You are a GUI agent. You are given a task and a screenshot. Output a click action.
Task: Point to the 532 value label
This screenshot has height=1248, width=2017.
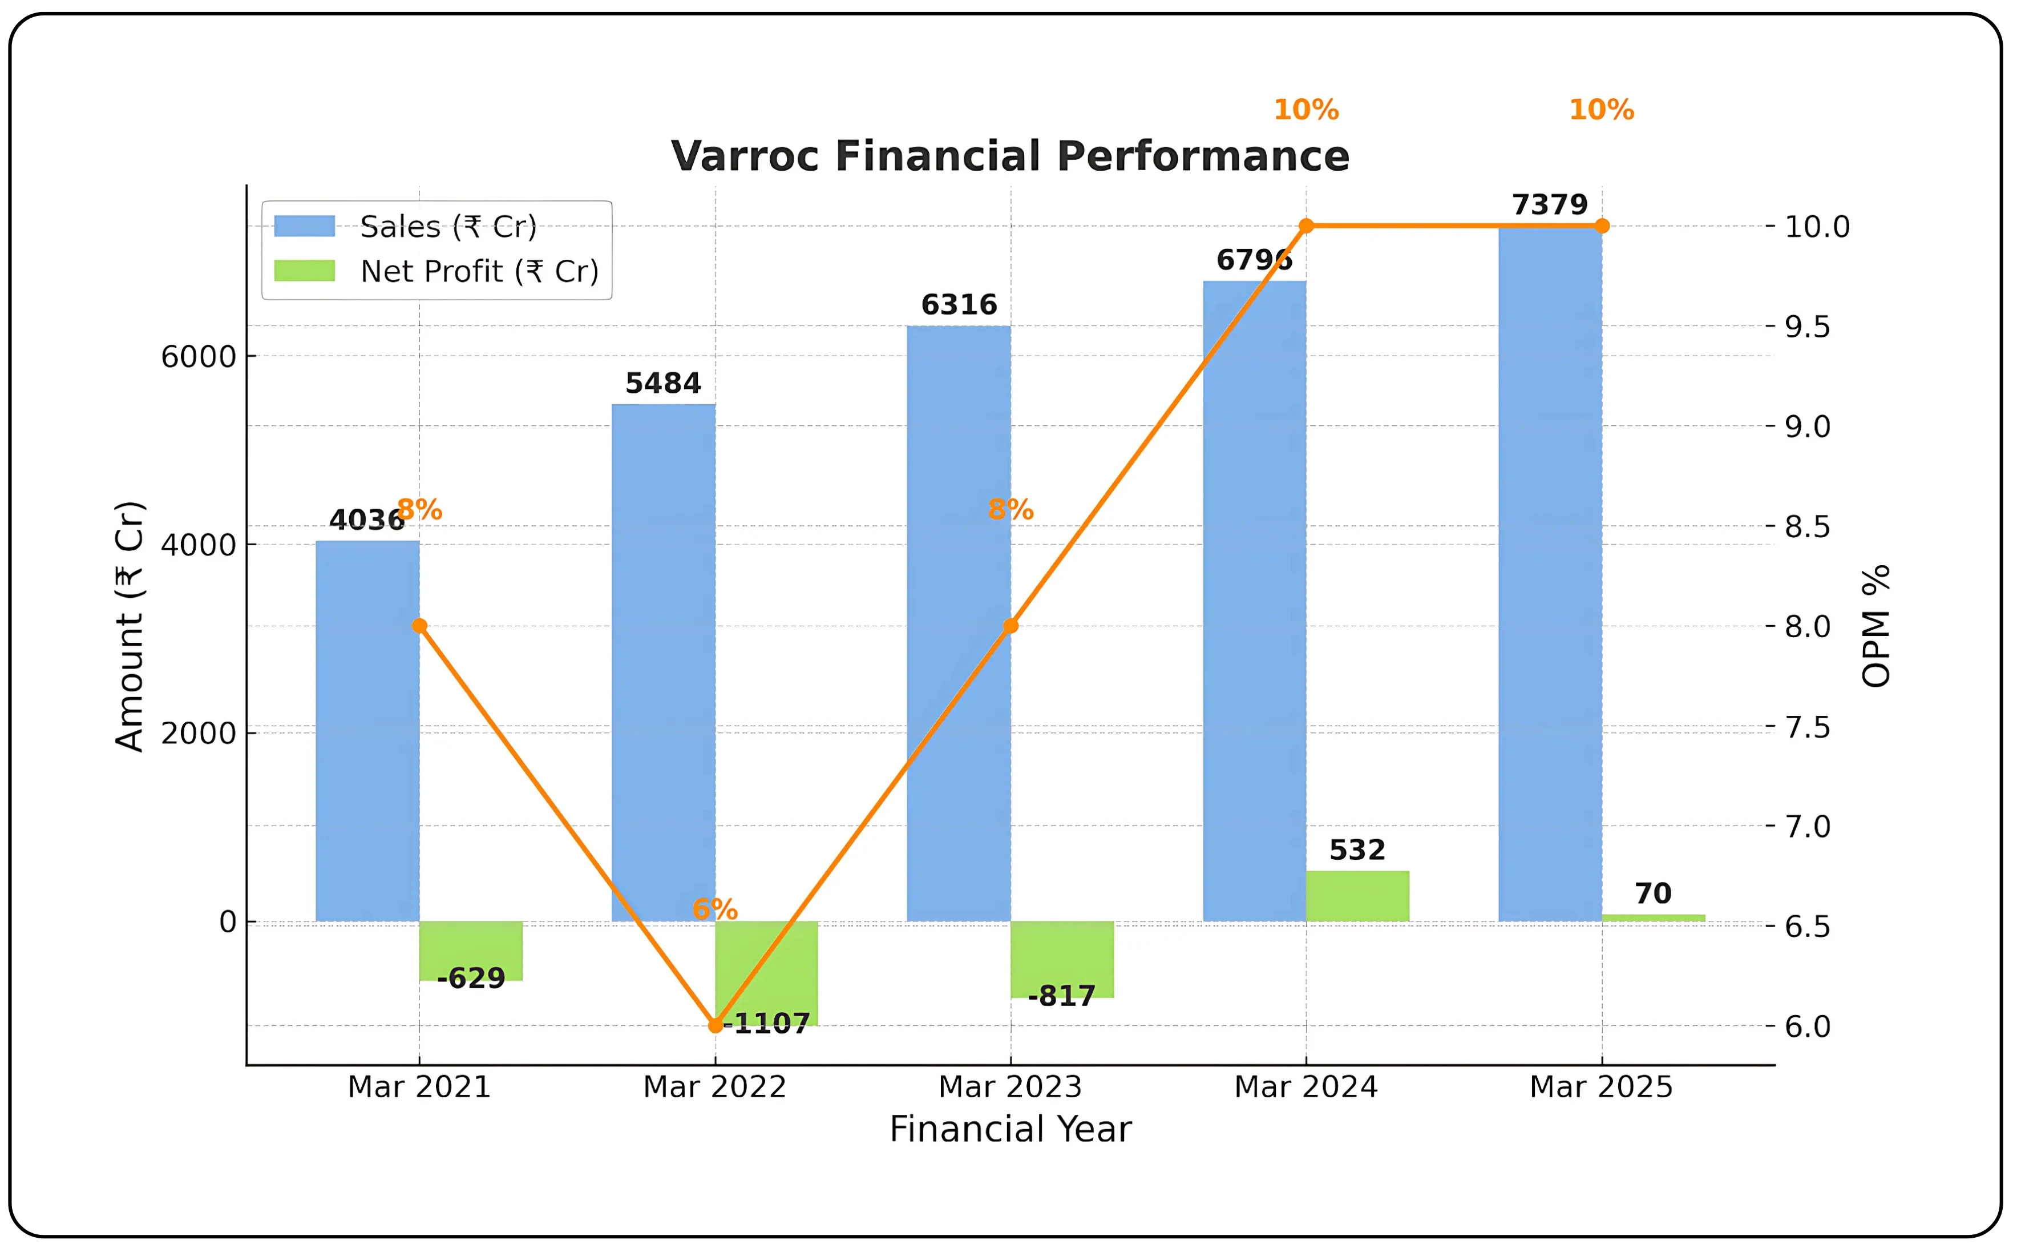1357,850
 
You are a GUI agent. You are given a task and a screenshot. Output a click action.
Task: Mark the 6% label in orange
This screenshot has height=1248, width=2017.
714,909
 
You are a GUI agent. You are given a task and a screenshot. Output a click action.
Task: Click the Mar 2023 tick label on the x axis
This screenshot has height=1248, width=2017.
1010,1086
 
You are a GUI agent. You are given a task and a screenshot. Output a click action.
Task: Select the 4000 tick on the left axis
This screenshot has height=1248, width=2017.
198,545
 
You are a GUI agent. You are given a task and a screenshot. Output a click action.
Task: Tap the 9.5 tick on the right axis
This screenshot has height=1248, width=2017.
1806,327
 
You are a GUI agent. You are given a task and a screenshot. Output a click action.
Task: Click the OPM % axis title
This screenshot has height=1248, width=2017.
1876,626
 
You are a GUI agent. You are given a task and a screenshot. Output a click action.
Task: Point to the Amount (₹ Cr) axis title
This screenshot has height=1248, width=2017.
130,626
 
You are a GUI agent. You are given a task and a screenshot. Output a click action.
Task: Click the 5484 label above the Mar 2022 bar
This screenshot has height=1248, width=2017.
662,383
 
